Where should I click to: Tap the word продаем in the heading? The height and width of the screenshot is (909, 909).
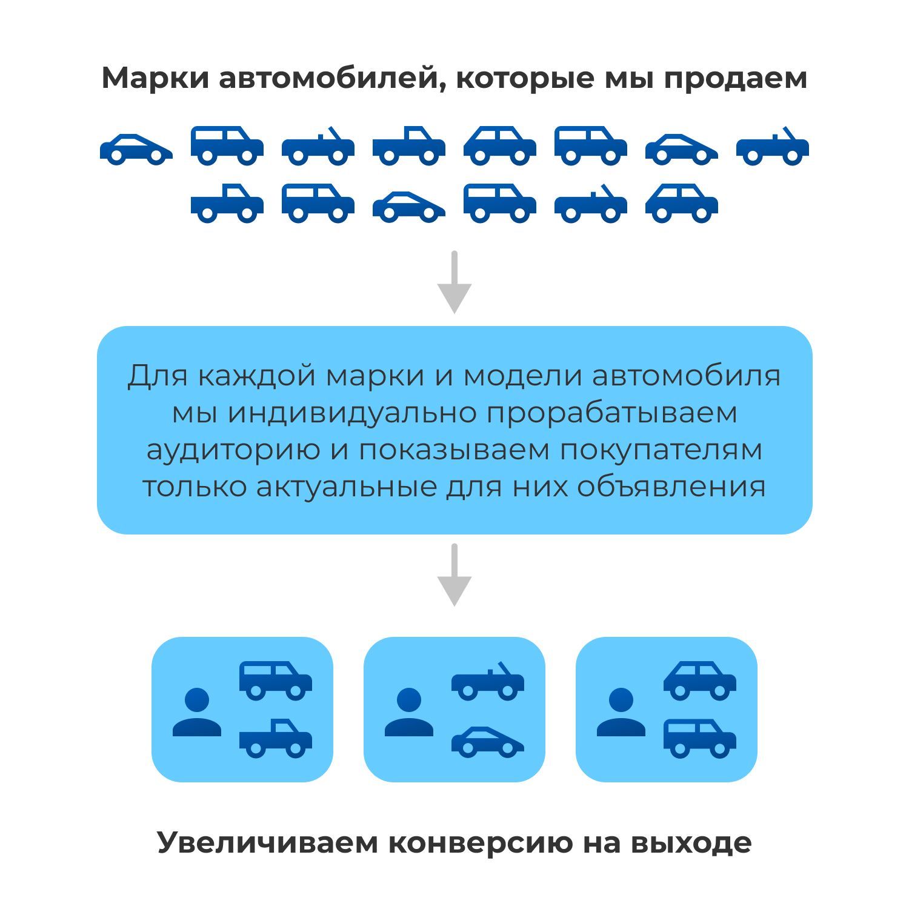(735, 79)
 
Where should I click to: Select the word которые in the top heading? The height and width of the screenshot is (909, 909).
(525, 79)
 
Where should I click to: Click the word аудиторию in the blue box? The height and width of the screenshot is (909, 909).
(233, 450)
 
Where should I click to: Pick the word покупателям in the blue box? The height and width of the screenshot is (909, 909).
(661, 450)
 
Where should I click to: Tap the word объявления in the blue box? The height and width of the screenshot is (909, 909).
(671, 487)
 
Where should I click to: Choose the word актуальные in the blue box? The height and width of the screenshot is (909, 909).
(346, 487)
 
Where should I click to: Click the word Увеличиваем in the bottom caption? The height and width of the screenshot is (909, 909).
(267, 842)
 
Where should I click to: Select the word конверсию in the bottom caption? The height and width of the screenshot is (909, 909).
(479, 842)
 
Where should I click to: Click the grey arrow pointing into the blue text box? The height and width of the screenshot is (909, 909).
(454, 282)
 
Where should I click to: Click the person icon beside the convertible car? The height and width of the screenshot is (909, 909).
(409, 712)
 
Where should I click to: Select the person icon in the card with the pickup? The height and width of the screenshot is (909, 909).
(197, 712)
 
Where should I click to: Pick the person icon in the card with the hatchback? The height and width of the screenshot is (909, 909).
(621, 712)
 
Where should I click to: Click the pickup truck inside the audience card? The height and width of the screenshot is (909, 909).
(276, 739)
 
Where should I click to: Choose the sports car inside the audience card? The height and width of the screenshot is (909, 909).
(488, 742)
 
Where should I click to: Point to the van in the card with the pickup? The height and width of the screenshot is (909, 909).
(276, 681)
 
